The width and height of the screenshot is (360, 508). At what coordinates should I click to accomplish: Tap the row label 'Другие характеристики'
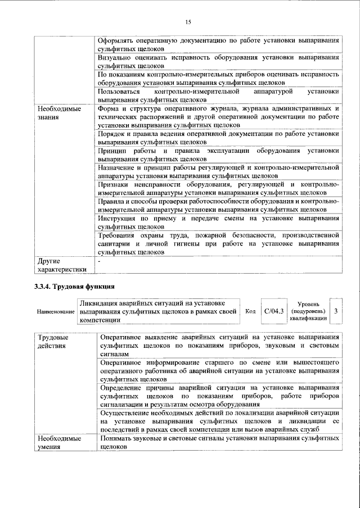[62, 265]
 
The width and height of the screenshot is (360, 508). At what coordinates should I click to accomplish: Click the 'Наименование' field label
[56, 311]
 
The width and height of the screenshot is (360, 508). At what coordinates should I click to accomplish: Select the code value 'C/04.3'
[274, 310]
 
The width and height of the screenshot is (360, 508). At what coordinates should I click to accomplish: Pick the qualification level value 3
[336, 311]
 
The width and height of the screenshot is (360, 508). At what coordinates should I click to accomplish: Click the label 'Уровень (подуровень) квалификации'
[307, 311]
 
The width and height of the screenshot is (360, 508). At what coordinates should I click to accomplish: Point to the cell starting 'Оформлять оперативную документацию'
[218, 45]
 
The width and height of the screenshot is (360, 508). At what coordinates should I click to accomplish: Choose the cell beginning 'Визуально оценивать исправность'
[218, 61]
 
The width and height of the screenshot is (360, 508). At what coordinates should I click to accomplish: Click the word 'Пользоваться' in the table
[118, 91]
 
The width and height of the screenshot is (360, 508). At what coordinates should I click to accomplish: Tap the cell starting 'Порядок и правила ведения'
[218, 138]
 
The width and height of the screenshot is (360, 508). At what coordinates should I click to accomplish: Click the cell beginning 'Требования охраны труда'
[218, 244]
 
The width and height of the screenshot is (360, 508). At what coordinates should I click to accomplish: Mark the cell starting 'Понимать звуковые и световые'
[218, 442]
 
